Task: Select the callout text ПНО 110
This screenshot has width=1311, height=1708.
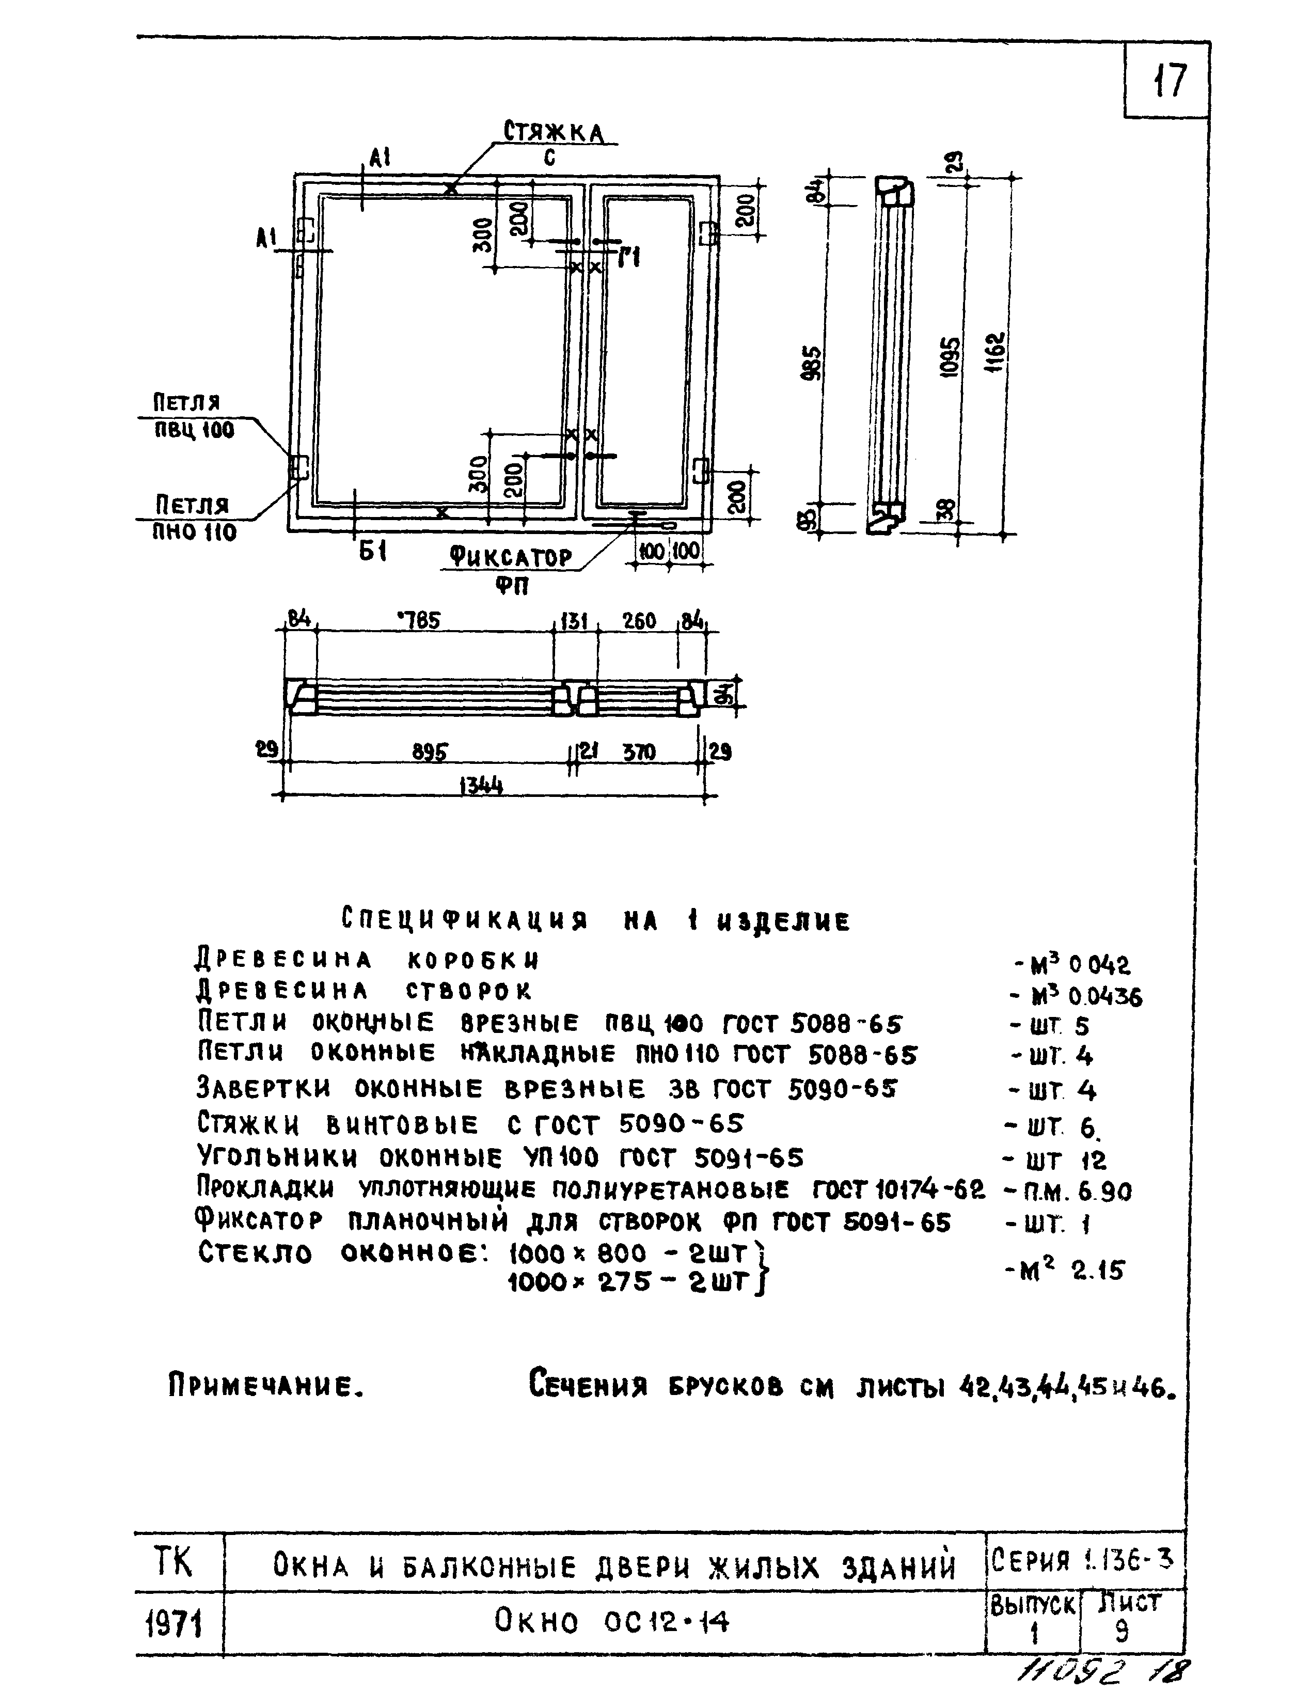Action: (194, 533)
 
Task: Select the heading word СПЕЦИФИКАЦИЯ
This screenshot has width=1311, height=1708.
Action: (464, 920)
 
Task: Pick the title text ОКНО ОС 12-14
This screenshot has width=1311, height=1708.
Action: (612, 1623)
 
